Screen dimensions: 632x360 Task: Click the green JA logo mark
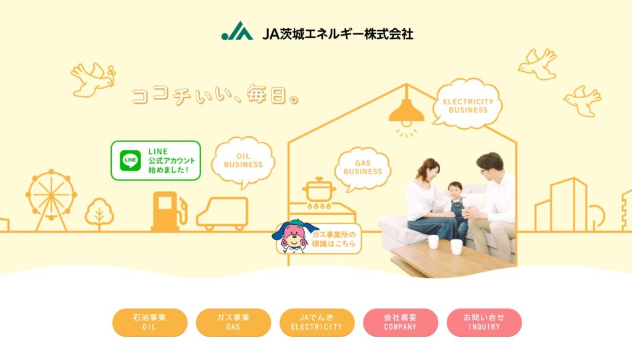[x=238, y=31]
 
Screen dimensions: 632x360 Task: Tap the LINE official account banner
[x=156, y=161]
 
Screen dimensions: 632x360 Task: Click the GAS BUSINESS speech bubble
[x=362, y=169]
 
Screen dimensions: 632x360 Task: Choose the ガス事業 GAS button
[x=233, y=322]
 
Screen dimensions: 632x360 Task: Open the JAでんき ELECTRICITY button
[x=317, y=322]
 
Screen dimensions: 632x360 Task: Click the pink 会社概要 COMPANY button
[x=400, y=322]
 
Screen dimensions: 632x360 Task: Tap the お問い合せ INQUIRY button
[x=484, y=322]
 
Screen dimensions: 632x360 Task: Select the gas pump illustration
[x=168, y=211]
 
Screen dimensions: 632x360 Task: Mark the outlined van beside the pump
[x=222, y=213]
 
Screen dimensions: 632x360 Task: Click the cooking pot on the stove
[x=319, y=190]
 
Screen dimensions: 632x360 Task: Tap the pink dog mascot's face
[x=293, y=237]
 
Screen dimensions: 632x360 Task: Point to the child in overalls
[x=457, y=209]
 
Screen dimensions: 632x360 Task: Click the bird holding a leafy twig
[x=93, y=80]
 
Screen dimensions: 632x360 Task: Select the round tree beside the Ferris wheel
[x=99, y=213]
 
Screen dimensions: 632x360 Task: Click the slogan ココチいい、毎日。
[x=215, y=94]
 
